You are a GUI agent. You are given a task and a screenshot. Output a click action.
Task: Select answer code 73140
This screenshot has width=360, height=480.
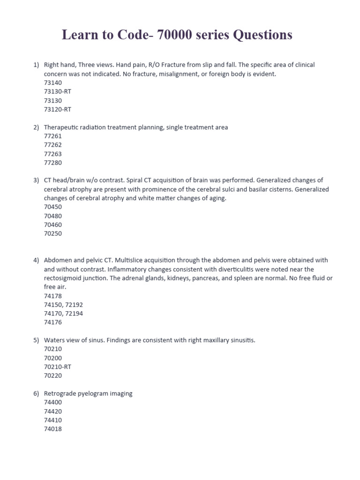pyautogui.click(x=52, y=82)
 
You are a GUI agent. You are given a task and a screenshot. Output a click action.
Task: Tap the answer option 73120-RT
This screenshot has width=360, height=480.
pyautogui.click(x=57, y=109)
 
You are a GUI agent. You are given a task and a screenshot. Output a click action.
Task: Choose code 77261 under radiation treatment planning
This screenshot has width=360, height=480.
pyautogui.click(x=52, y=136)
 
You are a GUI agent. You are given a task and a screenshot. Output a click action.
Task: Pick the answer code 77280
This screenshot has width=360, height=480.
pyautogui.click(x=52, y=163)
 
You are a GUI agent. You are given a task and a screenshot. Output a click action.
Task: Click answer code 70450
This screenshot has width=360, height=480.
pyautogui.click(x=52, y=207)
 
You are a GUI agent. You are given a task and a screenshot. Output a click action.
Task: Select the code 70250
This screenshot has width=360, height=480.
pyautogui.click(x=52, y=233)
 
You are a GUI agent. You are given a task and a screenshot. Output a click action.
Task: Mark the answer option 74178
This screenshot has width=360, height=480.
pyautogui.click(x=52, y=296)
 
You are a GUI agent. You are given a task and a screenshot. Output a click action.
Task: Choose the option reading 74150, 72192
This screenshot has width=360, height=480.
pyautogui.click(x=63, y=305)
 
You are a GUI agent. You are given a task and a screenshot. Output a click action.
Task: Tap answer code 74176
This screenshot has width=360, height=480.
pyautogui.click(x=52, y=322)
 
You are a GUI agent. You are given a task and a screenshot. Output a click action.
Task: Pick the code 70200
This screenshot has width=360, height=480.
pyautogui.click(x=52, y=358)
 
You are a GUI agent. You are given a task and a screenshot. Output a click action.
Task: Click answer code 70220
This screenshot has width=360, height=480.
pyautogui.click(x=52, y=375)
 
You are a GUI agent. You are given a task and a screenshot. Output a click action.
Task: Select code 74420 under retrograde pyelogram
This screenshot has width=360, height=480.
pyautogui.click(x=52, y=411)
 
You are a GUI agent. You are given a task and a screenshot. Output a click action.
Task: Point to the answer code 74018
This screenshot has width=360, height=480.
pyautogui.click(x=52, y=429)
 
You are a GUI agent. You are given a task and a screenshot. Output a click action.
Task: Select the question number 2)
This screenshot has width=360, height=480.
pyautogui.click(x=36, y=127)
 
